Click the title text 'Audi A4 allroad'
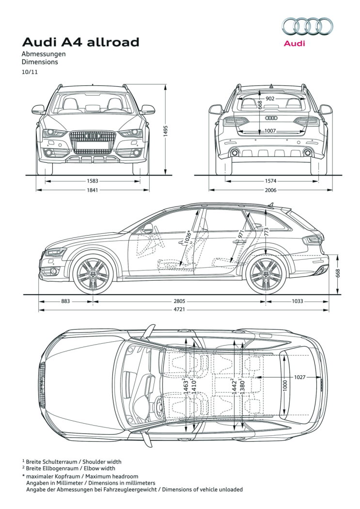pyautogui.click(x=81, y=42)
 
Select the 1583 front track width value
pyautogui.click(x=93, y=181)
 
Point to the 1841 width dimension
pyautogui.click(x=93, y=190)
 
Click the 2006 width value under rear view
pyautogui.click(x=270, y=190)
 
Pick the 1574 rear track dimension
pyautogui.click(x=270, y=181)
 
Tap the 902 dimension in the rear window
pyautogui.click(x=270, y=98)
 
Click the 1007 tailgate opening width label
pyautogui.click(x=270, y=131)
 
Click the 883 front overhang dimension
pyautogui.click(x=65, y=301)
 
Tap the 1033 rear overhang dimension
pyautogui.click(x=297, y=301)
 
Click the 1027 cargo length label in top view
pyautogui.click(x=299, y=377)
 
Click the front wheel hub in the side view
pyautogui.click(x=93, y=274)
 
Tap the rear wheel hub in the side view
pyautogui.click(x=266, y=274)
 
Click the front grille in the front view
pyautogui.click(x=93, y=142)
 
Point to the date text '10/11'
pyautogui.click(x=30, y=72)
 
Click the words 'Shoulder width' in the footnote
pyautogui.click(x=102, y=461)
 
